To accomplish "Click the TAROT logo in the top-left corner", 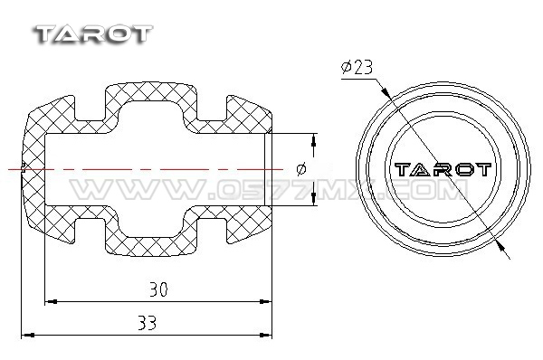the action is point(93,34).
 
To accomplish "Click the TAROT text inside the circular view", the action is point(443,170).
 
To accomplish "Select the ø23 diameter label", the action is point(357,67).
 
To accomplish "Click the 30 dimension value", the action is point(158,289).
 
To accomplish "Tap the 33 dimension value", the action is point(148,323).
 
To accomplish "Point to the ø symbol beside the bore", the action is point(301,169).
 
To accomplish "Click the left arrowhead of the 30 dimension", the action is point(52,302).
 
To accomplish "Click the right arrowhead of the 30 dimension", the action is point(265,302).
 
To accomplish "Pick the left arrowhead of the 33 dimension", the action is point(28,335).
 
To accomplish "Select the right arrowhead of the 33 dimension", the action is point(265,335).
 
